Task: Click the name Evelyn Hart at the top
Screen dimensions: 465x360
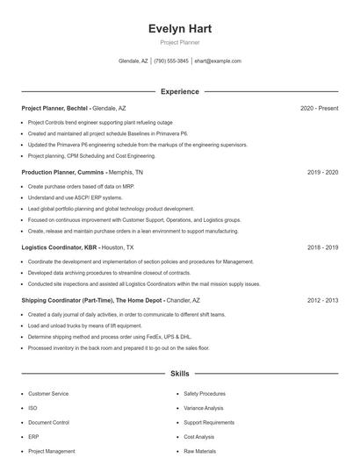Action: click(179, 29)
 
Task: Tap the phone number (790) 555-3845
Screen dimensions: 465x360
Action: click(172, 61)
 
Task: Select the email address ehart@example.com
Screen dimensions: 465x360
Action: click(218, 61)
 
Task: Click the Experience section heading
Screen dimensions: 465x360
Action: click(179, 91)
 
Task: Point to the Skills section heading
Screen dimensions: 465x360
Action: click(179, 374)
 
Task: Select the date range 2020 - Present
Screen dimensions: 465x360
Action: click(319, 108)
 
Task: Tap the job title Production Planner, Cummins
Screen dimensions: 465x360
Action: click(61, 173)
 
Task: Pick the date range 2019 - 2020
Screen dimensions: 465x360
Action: click(322, 173)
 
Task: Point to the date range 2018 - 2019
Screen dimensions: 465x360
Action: click(322, 247)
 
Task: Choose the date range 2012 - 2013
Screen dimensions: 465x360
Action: click(322, 300)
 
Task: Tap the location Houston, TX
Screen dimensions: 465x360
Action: click(119, 247)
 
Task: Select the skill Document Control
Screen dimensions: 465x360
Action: click(48, 422)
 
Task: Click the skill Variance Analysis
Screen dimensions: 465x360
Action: click(204, 408)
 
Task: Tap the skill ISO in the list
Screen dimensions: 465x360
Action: click(32, 408)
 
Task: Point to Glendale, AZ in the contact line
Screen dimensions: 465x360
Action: click(133, 61)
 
